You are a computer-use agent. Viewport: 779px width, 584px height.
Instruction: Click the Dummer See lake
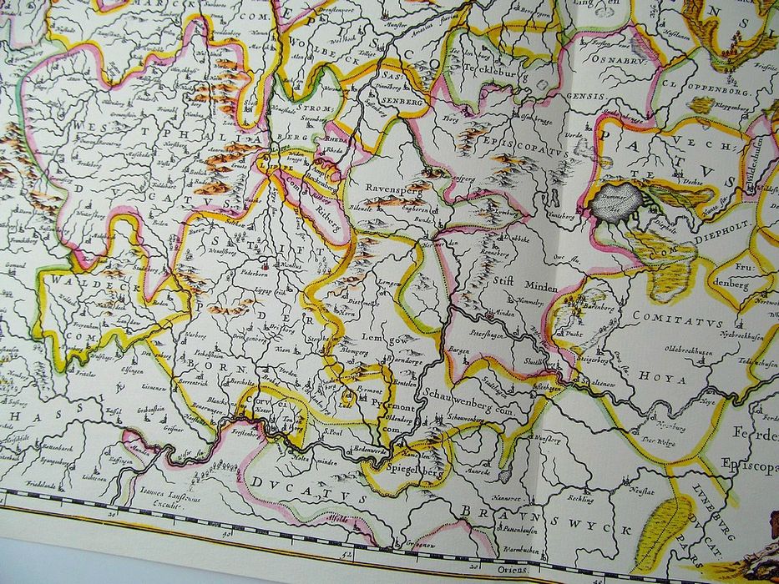[620, 201]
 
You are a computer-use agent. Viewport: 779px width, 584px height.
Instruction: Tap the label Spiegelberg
[414, 468]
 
